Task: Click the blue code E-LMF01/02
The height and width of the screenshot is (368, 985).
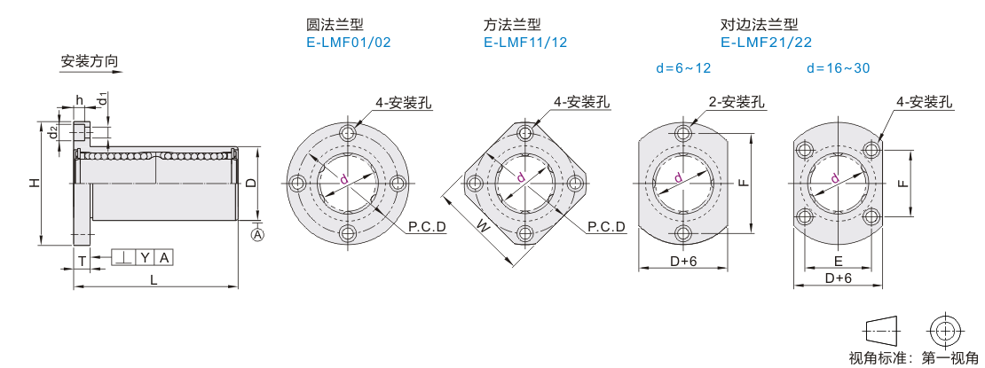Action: click(x=349, y=42)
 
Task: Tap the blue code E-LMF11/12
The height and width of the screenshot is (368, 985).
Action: click(x=527, y=42)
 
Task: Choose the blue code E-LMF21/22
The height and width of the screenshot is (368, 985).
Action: click(x=766, y=42)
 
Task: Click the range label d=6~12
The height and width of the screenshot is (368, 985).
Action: click(x=683, y=67)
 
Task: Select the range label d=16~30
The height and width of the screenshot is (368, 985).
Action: click(x=838, y=67)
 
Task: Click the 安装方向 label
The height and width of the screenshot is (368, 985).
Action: click(x=90, y=62)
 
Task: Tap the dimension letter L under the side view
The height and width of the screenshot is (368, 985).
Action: click(x=154, y=279)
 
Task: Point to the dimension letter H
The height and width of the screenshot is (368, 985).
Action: click(x=33, y=183)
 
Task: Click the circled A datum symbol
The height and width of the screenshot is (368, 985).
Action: click(x=258, y=234)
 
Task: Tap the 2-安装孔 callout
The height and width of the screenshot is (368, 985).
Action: click(x=736, y=102)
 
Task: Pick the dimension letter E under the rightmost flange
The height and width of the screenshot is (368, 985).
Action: click(x=838, y=261)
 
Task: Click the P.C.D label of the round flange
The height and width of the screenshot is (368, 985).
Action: click(x=427, y=228)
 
